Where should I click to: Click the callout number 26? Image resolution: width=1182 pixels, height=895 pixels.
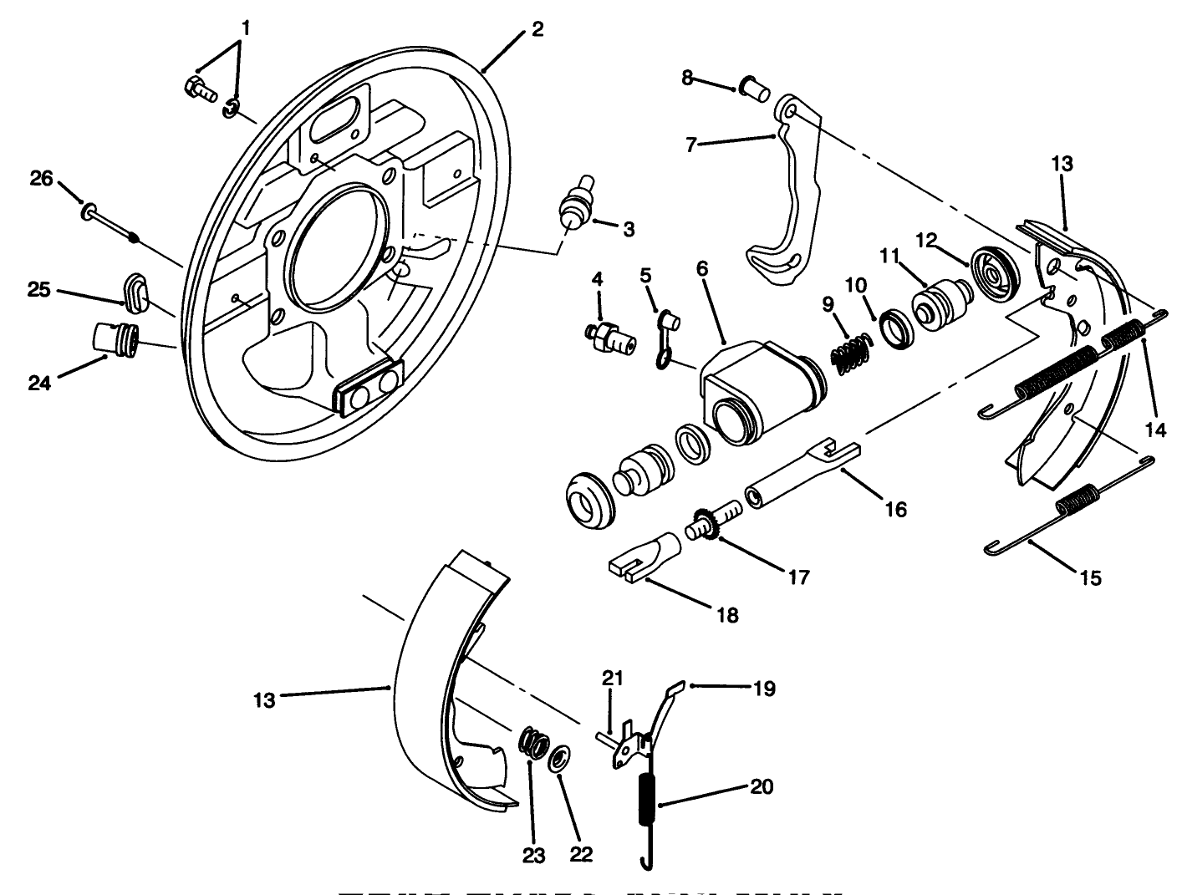[x=42, y=179]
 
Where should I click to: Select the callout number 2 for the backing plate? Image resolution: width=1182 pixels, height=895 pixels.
[x=537, y=29]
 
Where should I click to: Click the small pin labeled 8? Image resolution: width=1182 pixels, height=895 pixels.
[x=753, y=87]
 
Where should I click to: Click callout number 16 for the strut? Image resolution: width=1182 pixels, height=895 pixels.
[x=895, y=509]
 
